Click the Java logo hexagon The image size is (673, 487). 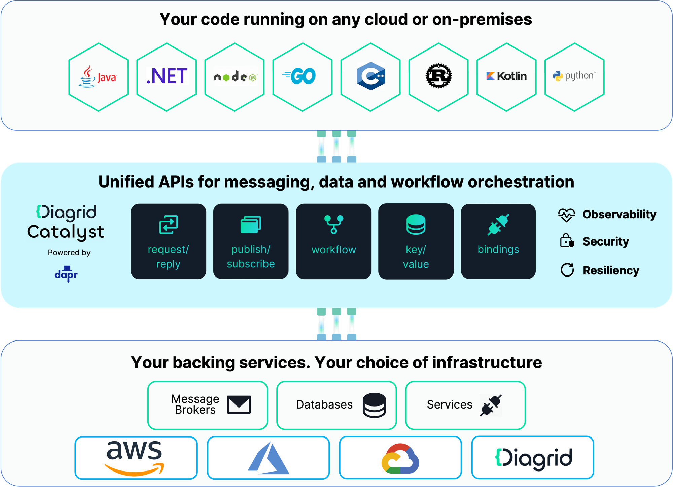[98, 77]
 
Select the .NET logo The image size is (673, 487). [167, 76]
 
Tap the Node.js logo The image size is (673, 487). [235, 77]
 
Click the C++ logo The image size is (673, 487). [370, 76]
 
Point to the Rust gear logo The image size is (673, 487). [438, 76]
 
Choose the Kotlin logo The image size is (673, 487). [506, 76]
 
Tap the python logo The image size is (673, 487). [574, 76]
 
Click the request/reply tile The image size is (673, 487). [168, 241]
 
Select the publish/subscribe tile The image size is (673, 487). [251, 241]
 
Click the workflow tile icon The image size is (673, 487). [333, 224]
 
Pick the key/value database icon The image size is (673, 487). [416, 224]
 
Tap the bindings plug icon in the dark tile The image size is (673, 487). [498, 224]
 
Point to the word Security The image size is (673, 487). [606, 241]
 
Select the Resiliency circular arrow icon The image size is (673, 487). [567, 270]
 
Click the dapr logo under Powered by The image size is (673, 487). [66, 274]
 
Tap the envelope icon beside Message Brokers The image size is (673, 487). [239, 404]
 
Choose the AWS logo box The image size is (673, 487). [136, 458]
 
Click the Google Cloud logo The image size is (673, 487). [400, 458]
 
